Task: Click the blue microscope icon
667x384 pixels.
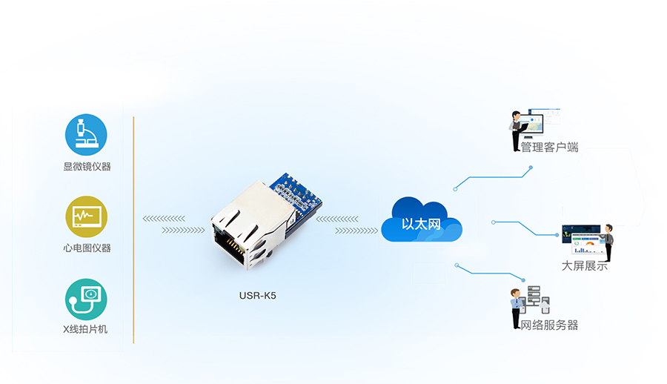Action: (x=86, y=134)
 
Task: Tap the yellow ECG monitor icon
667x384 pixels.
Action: (x=86, y=216)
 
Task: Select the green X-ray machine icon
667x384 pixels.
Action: (x=86, y=299)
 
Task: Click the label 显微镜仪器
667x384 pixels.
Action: (x=87, y=167)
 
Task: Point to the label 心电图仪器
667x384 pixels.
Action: (x=87, y=248)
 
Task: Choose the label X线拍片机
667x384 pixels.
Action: (x=86, y=328)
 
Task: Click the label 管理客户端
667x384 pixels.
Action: (x=548, y=148)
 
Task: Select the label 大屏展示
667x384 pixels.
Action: (x=585, y=265)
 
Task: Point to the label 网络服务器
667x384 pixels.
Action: (x=548, y=325)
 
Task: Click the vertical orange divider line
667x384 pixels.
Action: (x=133, y=230)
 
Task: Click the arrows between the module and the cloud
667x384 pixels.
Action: (x=348, y=225)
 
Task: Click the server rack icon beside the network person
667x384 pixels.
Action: (x=537, y=298)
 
